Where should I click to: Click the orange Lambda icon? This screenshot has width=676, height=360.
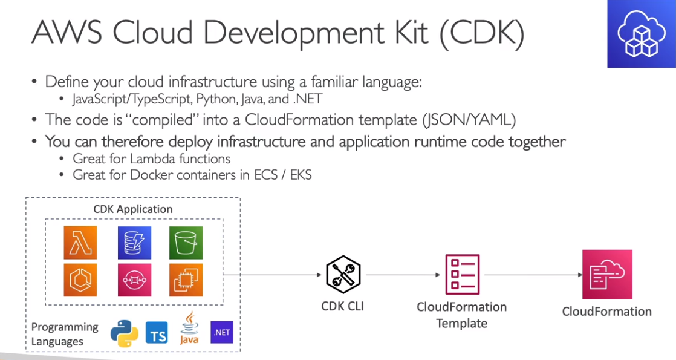tap(80, 243)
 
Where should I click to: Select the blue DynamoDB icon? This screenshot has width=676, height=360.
tap(134, 243)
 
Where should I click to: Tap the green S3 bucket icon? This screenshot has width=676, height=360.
tap(186, 243)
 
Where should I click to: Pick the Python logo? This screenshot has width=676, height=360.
tap(125, 333)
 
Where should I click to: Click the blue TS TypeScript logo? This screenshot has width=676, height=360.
tap(157, 333)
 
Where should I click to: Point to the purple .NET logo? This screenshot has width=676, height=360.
tap(221, 332)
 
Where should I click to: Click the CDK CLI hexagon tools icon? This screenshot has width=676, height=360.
tap(342, 274)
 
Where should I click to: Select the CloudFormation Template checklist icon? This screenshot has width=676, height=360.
tap(461, 274)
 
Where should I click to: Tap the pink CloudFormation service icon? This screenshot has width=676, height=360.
tap(606, 274)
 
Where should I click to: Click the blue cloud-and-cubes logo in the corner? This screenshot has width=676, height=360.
tap(641, 34)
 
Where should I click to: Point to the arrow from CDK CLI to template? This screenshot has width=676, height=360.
tap(403, 275)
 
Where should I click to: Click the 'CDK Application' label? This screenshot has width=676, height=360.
tap(132, 209)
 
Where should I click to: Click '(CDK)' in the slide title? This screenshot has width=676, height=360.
tap(481, 34)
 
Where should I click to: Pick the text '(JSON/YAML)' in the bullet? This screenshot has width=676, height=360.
tap(469, 120)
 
